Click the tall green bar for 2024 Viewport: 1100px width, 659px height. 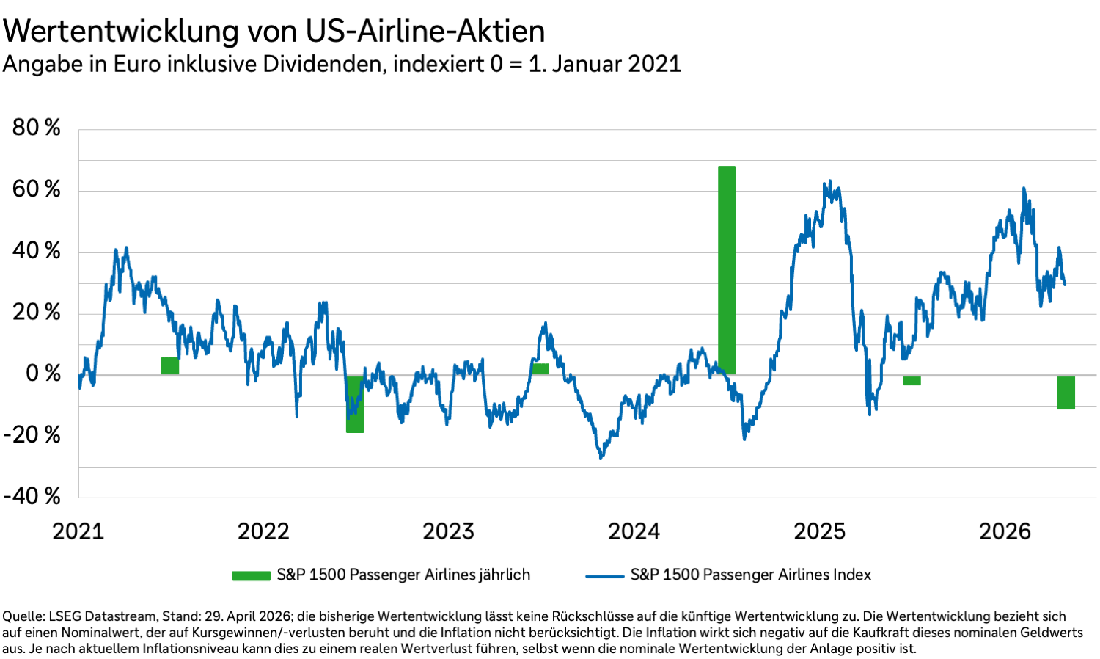(x=726, y=270)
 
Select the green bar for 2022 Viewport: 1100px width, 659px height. (x=355, y=404)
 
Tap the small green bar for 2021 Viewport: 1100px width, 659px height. (x=169, y=365)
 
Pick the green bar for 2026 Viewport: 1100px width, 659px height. (x=1066, y=393)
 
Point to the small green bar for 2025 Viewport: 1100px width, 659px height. (x=912, y=380)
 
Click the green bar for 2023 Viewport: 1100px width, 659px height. (x=540, y=369)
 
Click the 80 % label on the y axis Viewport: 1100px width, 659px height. (x=36, y=128)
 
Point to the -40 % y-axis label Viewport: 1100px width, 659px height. (x=32, y=496)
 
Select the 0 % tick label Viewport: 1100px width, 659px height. (x=43, y=374)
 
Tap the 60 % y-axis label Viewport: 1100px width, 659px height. (x=36, y=189)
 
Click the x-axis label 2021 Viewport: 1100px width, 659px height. (x=78, y=531)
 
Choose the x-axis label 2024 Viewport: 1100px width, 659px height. (x=634, y=531)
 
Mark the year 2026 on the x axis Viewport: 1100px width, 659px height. (x=1005, y=531)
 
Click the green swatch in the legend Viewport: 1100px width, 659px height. (x=251, y=575)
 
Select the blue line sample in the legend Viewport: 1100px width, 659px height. (x=604, y=575)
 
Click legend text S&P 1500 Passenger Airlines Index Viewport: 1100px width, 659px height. (x=750, y=575)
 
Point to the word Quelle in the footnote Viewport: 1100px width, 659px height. (x=23, y=616)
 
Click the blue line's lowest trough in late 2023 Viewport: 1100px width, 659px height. (x=601, y=458)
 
